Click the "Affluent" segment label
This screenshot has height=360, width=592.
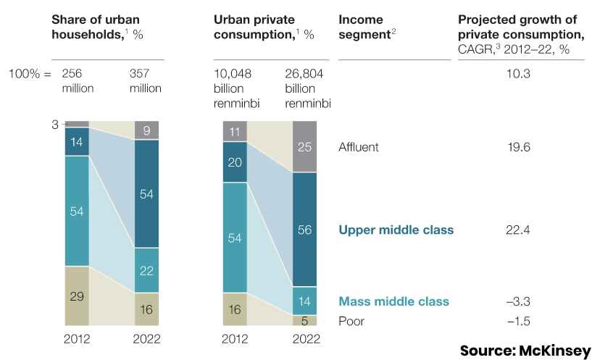point(359,147)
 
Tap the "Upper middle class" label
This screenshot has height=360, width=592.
point(396,230)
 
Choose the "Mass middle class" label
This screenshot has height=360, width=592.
point(393,301)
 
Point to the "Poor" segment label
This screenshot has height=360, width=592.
point(352,320)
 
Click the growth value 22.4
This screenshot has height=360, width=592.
point(519,230)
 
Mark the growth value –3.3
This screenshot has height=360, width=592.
point(519,301)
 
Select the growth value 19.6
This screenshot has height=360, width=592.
point(520,147)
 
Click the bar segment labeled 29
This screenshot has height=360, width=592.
point(77,296)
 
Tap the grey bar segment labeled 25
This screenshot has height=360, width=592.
point(305,148)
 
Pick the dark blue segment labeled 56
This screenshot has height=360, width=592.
point(305,230)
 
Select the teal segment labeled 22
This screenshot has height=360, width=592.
point(146,270)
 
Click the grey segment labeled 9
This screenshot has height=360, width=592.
point(146,130)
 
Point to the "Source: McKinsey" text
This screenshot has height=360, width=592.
point(525,351)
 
